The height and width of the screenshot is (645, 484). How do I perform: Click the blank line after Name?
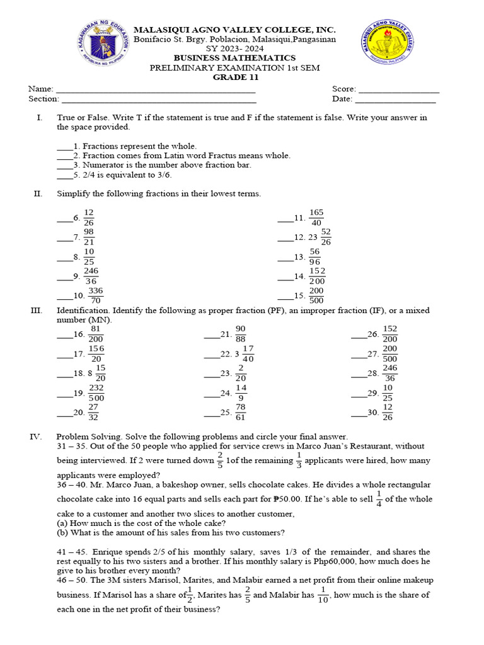tap(155, 89)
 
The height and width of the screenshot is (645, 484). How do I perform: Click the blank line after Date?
tap(395, 99)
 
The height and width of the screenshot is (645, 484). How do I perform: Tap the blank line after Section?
tap(159, 99)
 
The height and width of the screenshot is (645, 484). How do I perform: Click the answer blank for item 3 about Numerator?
tap(64, 165)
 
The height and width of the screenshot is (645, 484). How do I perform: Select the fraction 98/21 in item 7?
tap(89, 237)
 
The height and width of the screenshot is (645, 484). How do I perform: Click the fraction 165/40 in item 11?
tap(316, 218)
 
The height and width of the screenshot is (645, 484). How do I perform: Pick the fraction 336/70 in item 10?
tap(95, 295)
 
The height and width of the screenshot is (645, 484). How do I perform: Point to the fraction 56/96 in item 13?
tap(314, 256)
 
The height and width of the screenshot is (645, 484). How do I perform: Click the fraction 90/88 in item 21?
tap(241, 334)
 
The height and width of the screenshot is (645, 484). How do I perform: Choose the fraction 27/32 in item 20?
tap(93, 412)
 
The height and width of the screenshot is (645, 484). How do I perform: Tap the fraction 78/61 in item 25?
tap(241, 412)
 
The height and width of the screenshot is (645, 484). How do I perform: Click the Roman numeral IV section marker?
tap(35, 437)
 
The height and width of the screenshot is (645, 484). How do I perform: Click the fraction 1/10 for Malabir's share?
tap(323, 595)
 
